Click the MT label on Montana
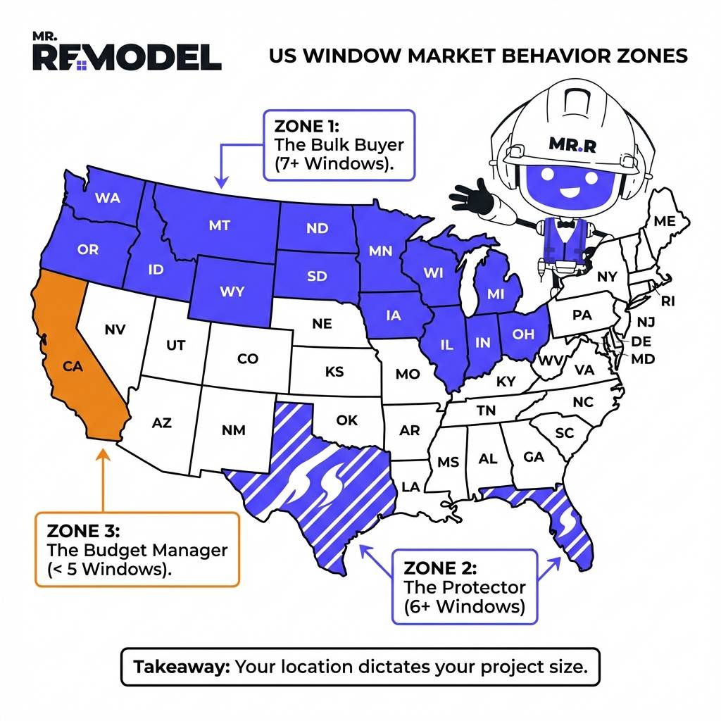coord(219,226)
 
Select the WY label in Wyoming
coord(231,291)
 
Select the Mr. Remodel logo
coord(127,53)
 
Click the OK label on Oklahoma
coord(346,420)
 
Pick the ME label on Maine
coord(664,221)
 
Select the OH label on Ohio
coord(523,334)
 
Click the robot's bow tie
coord(563,226)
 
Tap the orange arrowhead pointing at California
coord(103,451)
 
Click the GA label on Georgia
coord(534,457)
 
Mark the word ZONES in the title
coord(651,56)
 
